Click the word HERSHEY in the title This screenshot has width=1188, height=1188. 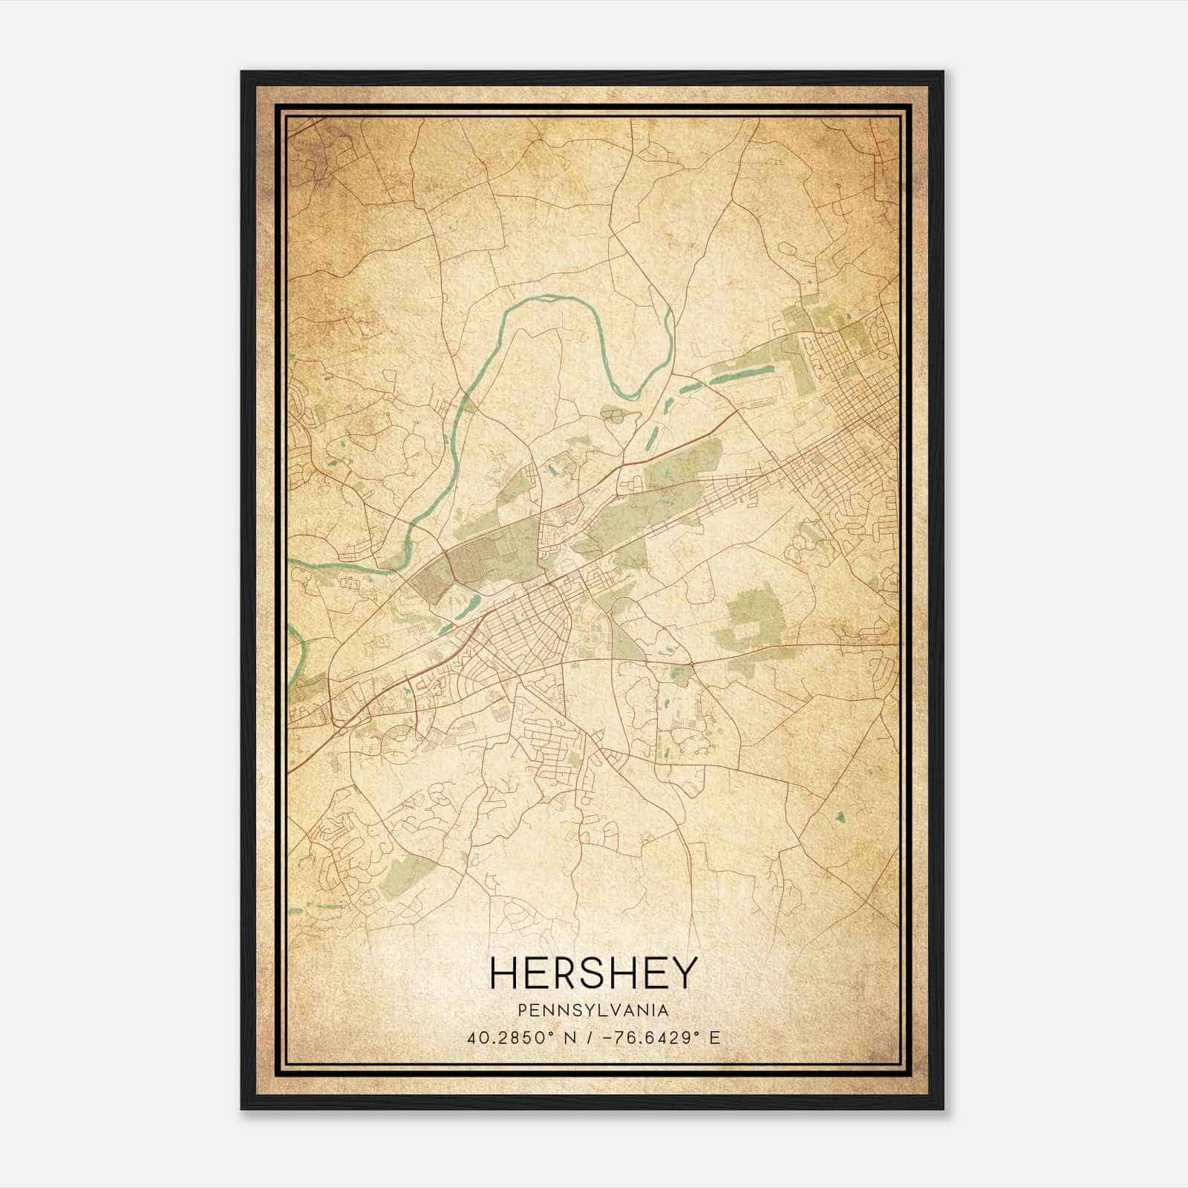tap(594, 973)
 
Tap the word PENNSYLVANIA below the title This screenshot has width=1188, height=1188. tap(594, 1011)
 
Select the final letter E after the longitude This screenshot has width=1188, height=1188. tap(714, 1037)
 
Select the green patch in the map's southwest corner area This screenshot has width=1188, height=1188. tap(405, 876)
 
